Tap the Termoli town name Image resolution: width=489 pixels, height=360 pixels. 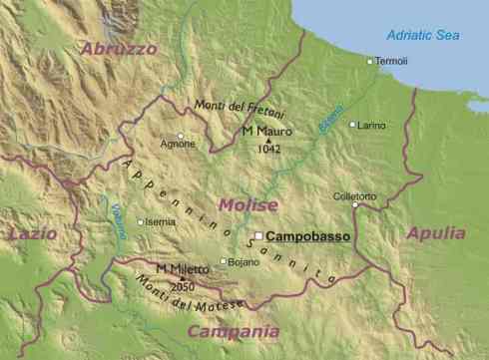392,62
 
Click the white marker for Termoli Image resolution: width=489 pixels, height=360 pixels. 369,61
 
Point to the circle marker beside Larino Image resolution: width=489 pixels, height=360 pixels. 352,125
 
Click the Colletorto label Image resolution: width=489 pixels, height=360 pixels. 355,196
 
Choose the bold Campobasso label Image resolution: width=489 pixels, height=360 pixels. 303,236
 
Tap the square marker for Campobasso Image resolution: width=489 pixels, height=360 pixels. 258,236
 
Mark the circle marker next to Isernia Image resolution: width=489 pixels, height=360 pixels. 141,222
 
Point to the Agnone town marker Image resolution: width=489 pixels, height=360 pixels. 181,135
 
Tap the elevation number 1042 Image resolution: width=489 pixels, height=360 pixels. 268,149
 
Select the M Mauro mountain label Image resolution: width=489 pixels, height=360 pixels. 264,131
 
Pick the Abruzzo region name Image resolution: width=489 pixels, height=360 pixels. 119,48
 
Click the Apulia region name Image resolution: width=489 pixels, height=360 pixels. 436,233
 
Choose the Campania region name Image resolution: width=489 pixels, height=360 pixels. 233,331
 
